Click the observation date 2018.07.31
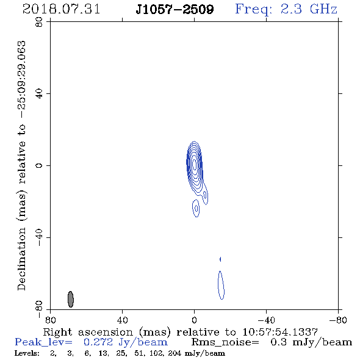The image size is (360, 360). [61, 9]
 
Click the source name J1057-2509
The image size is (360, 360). [175, 9]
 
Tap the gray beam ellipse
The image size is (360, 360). [71, 299]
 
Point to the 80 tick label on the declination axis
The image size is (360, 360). [39, 22]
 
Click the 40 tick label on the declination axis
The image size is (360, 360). [39, 94]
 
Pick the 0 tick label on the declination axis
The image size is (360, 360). [39, 165]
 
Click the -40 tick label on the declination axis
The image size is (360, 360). [39, 237]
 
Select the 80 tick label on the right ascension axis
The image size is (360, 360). [50, 320]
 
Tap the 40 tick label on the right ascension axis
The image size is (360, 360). [122, 320]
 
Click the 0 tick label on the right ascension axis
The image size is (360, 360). [194, 320]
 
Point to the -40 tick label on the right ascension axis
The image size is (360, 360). [266, 320]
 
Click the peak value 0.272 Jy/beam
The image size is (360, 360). [126, 342]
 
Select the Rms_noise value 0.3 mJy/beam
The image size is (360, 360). [311, 342]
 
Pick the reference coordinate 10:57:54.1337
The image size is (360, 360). [280, 332]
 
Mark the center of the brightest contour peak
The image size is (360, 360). [195, 164]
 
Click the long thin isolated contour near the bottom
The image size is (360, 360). [221, 285]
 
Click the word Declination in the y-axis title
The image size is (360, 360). [21, 259]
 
